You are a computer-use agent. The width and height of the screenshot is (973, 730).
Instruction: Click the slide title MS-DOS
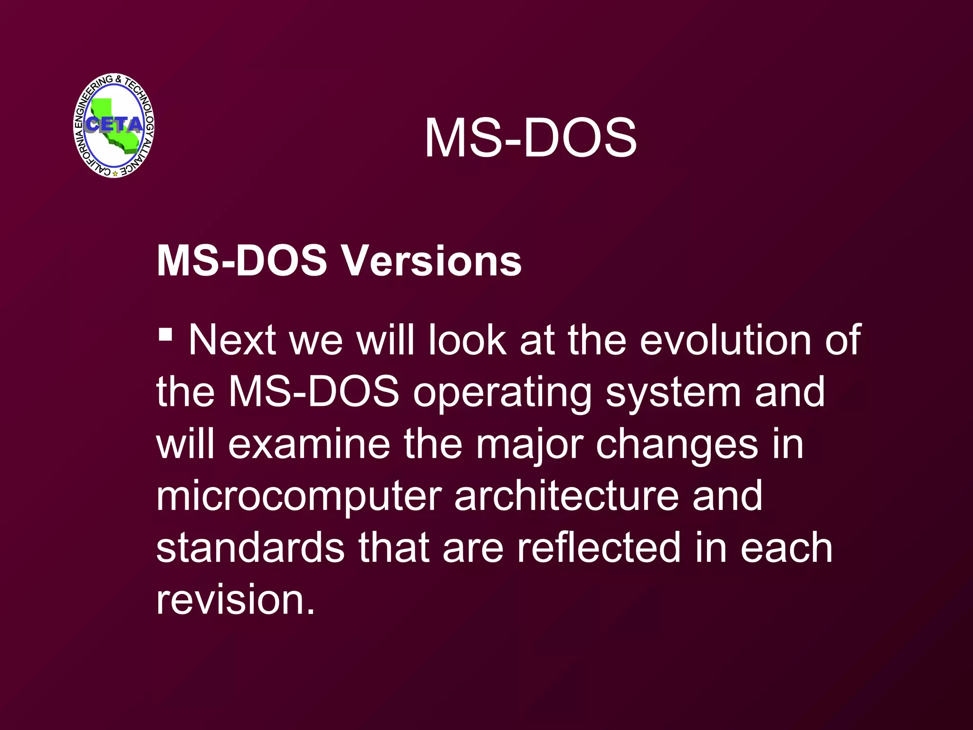[x=530, y=138]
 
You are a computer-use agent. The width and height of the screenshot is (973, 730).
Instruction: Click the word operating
[x=502, y=393]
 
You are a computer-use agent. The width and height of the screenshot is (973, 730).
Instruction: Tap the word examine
[x=309, y=444]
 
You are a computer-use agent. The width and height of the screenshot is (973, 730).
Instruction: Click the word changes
[x=677, y=444]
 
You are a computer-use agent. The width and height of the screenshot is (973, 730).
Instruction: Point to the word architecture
[x=566, y=496]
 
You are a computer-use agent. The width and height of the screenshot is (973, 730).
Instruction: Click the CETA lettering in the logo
[x=114, y=125]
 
